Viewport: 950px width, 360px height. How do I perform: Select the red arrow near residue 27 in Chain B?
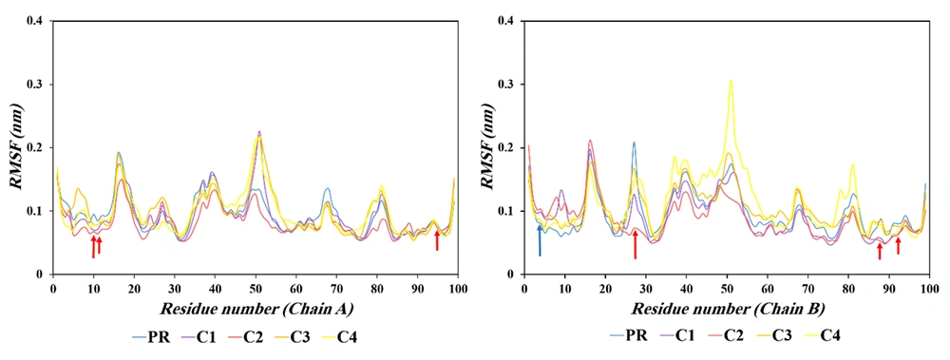[635, 244]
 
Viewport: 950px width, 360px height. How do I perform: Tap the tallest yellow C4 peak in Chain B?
[731, 82]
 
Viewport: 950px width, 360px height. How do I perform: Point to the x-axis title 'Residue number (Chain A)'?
[256, 309]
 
